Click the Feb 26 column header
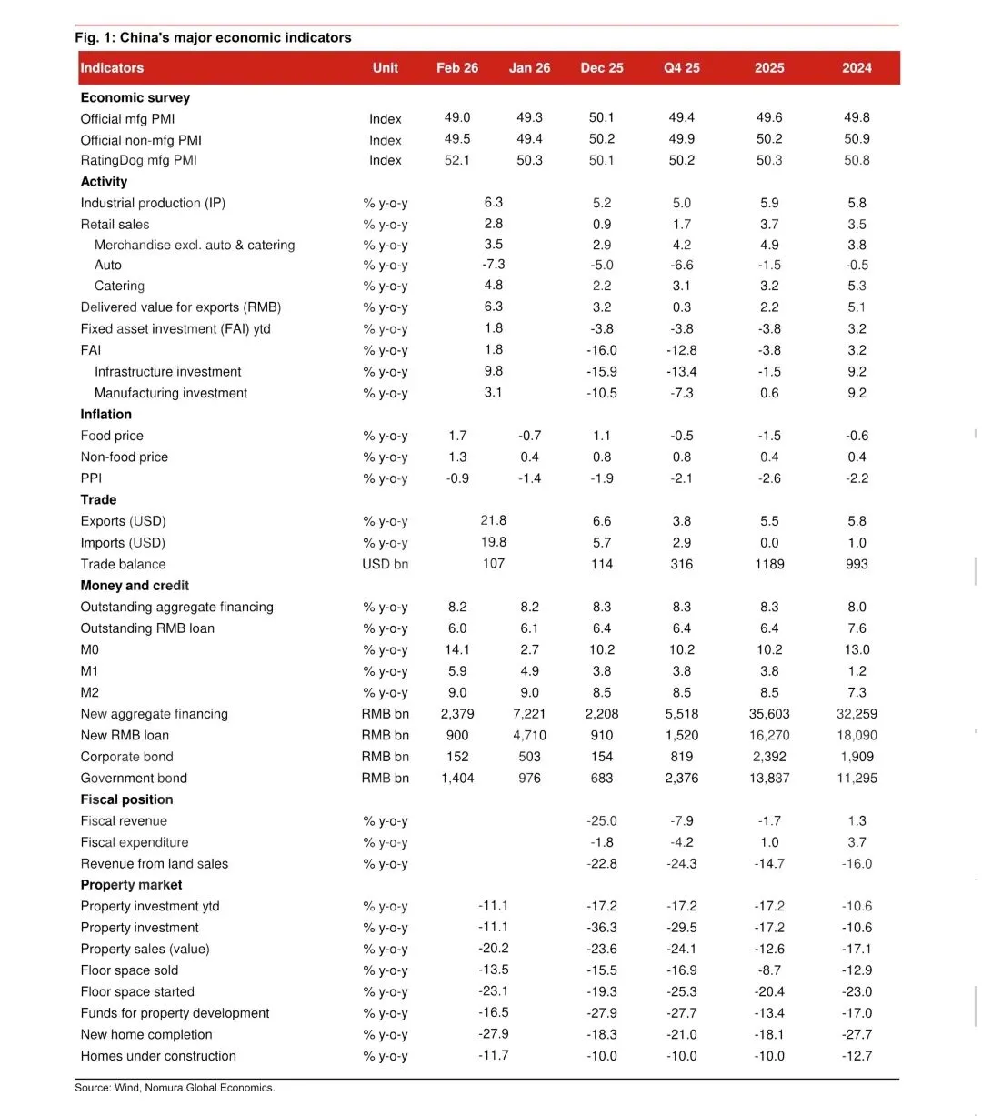click(x=457, y=68)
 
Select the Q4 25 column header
click(x=682, y=68)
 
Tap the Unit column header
click(x=386, y=68)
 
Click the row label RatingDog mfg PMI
click(x=138, y=160)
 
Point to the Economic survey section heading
click(x=135, y=97)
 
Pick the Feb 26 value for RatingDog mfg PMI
click(x=457, y=160)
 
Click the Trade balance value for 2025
click(x=769, y=564)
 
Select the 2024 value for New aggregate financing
click(x=857, y=714)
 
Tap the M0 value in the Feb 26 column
click(x=457, y=649)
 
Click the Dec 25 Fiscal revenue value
click(x=602, y=820)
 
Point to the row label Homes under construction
click(x=158, y=1056)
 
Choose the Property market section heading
click(x=131, y=885)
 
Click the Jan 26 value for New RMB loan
click(x=529, y=735)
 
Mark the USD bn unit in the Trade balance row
click(x=386, y=564)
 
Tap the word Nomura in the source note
click(x=165, y=1087)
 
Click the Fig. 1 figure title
click(x=213, y=37)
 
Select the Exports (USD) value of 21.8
click(x=494, y=520)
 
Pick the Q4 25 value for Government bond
click(x=682, y=778)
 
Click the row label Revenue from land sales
click(x=155, y=864)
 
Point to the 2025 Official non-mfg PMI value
click(x=769, y=139)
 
